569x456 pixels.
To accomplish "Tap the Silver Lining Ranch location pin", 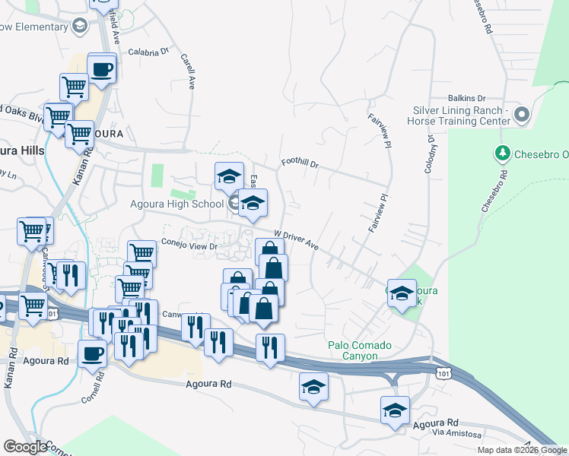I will pyautogui.click(x=521, y=116).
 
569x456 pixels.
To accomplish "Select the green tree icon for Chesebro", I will pyautogui.click(x=502, y=154).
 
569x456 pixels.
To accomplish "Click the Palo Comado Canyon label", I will pyautogui.click(x=360, y=350).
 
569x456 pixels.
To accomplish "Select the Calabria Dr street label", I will pyautogui.click(x=148, y=52).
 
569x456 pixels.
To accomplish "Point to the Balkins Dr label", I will pyautogui.click(x=466, y=98).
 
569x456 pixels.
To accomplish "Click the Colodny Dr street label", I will pyautogui.click(x=430, y=154).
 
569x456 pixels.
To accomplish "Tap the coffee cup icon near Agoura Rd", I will pyautogui.click(x=92, y=353).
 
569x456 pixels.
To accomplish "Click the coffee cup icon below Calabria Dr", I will pyautogui.click(x=102, y=70).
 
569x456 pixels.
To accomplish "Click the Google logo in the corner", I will pyautogui.click(x=25, y=446).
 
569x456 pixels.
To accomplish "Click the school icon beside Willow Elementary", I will pyautogui.click(x=79, y=27).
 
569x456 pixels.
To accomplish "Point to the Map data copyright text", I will pyautogui.click(x=521, y=450).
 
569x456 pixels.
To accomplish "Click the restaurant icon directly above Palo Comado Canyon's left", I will pyautogui.click(x=270, y=348).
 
